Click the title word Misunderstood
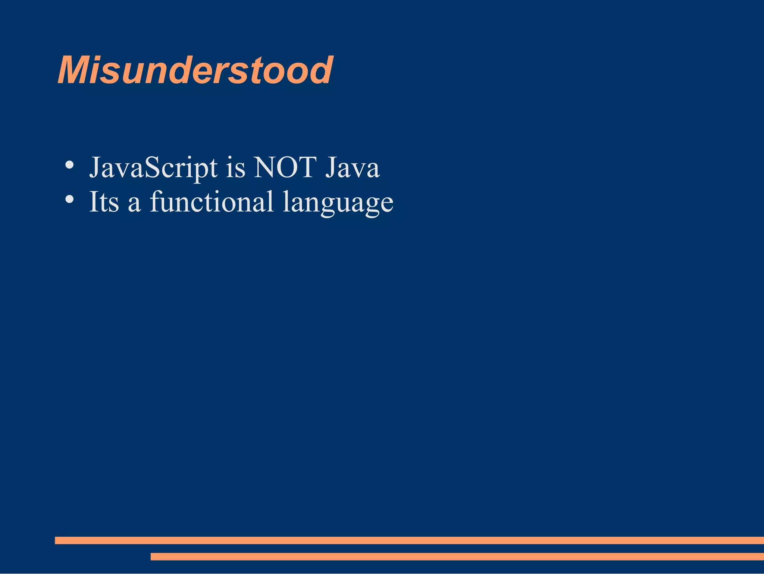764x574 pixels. tap(195, 70)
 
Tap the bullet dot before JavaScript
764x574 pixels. tap(69, 164)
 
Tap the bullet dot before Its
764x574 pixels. tap(69, 199)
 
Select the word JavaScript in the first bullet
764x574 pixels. tap(153, 168)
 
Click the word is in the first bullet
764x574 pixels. tap(235, 168)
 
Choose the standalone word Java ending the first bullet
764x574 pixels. tap(352, 167)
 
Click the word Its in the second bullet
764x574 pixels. tap(104, 202)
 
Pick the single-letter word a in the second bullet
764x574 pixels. tap(134, 204)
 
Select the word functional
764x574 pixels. tap(212, 202)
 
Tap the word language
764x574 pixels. tap(338, 204)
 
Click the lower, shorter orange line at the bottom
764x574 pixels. tap(457, 556)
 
